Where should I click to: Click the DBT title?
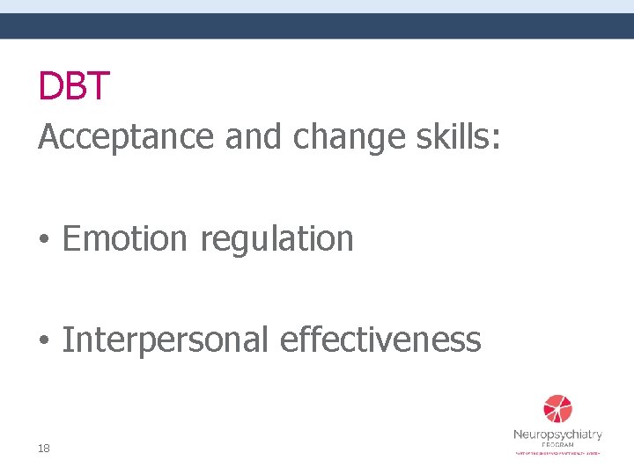point(74,85)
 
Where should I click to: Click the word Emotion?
point(126,238)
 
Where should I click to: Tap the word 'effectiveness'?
point(380,340)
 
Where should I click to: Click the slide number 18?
point(44,449)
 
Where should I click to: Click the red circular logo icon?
point(557,409)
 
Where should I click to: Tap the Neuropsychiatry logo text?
point(557,435)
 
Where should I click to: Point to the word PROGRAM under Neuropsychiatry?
point(557,445)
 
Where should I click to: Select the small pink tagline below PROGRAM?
point(557,453)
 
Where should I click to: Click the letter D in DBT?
point(50,85)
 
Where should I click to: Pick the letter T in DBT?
point(98,85)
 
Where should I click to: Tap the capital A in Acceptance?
point(48,136)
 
